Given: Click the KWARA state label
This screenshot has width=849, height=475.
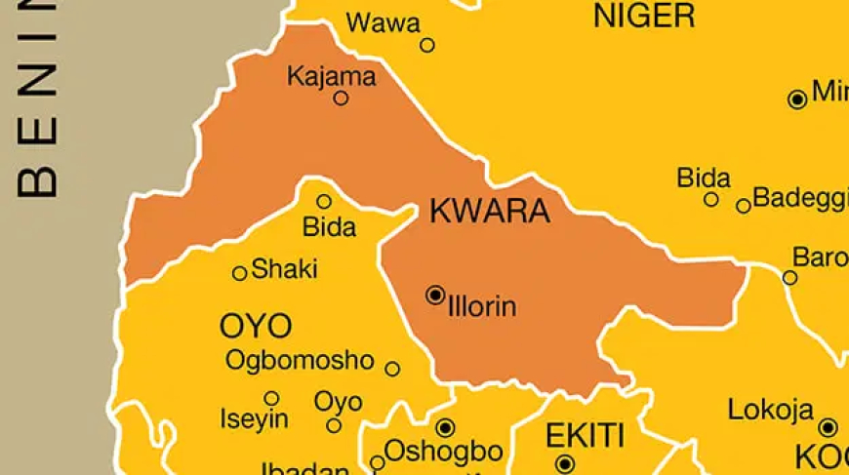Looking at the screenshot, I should [490, 211].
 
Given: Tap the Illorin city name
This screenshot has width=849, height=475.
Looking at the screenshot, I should [482, 306].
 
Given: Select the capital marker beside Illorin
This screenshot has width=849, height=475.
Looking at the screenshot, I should [435, 295].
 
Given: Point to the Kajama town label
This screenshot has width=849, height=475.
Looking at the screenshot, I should [332, 76].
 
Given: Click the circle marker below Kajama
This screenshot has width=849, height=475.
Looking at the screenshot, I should [341, 98].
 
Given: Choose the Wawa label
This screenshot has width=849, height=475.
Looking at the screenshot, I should [384, 22].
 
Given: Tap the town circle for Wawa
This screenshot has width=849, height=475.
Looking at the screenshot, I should [427, 45].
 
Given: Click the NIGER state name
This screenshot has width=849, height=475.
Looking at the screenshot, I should [644, 16].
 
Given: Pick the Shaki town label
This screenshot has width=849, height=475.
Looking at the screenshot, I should [285, 270].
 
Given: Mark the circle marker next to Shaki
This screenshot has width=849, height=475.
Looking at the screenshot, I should [239, 273].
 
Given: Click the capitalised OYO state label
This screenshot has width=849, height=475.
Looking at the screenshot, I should [255, 326].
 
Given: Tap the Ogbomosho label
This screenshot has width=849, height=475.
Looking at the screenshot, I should [300, 360].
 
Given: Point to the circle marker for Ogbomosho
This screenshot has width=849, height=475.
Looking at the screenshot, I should [392, 369].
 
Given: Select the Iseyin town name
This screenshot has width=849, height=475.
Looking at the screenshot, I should [255, 419].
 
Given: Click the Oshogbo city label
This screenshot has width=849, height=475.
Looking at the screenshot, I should [444, 452].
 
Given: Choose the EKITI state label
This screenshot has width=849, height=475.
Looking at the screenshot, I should [585, 434].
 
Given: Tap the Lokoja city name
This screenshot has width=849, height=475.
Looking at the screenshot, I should [771, 411].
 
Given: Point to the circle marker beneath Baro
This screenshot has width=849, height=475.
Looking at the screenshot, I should [790, 278].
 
